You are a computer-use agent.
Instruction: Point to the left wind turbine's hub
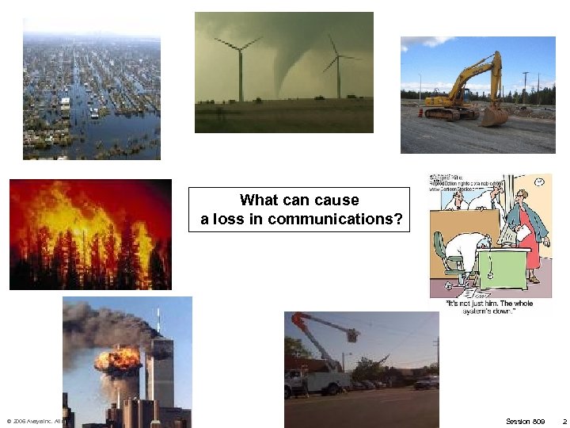tap(240, 47)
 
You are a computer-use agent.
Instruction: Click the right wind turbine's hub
tap(338, 56)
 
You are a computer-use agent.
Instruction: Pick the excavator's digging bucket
tap(495, 117)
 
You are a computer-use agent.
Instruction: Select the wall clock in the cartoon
tap(538, 181)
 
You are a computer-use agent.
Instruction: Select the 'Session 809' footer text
tap(526, 420)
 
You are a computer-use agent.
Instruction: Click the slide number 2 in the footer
tap(563, 420)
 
